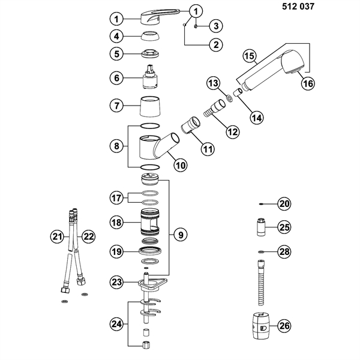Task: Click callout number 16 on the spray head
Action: coord(307,83)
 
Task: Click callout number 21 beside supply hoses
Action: coord(57,238)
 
